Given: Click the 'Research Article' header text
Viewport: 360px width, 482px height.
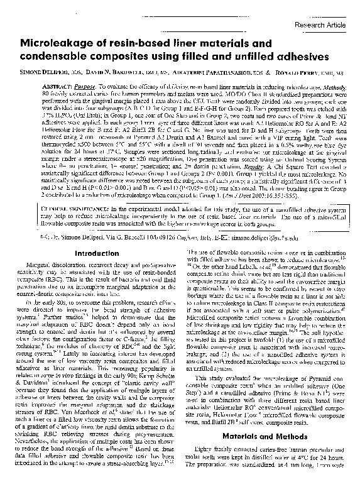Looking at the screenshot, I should click(320, 25).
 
